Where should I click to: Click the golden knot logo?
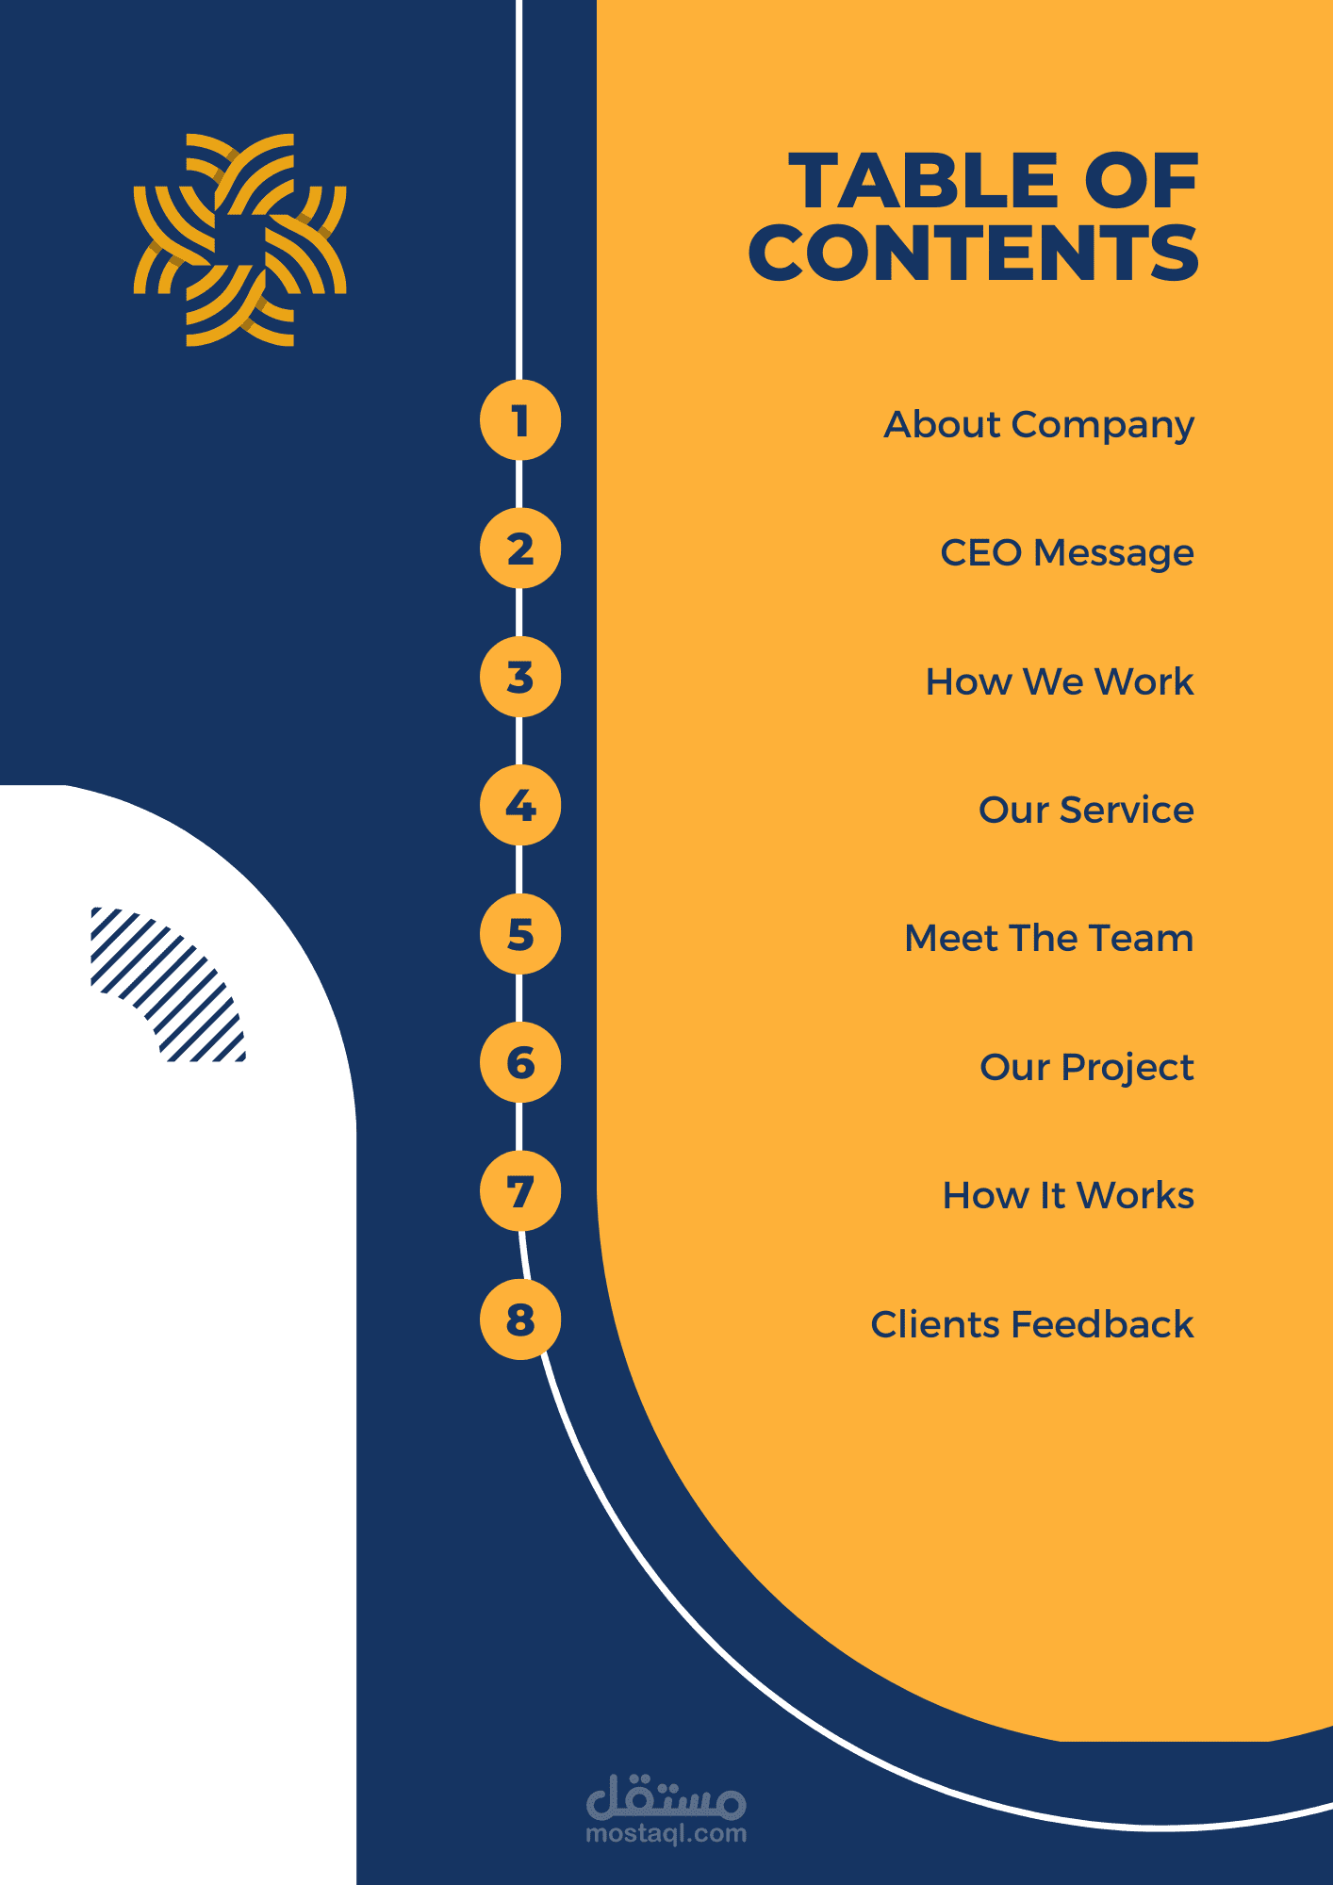[239, 239]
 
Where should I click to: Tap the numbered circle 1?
[520, 420]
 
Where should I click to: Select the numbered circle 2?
[520, 549]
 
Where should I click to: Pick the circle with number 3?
[520, 677]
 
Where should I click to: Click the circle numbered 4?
[520, 806]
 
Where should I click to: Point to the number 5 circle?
[520, 934]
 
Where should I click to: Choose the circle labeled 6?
[520, 1062]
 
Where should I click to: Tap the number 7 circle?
[520, 1191]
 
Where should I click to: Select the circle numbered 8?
[520, 1319]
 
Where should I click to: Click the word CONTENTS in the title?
[973, 254]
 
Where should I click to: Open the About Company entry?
[1038, 425]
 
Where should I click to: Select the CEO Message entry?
[1066, 553]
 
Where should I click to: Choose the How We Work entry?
[1059, 681]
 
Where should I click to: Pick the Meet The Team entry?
[1048, 939]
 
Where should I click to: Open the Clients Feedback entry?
[1031, 1324]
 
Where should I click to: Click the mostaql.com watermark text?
[666, 1833]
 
